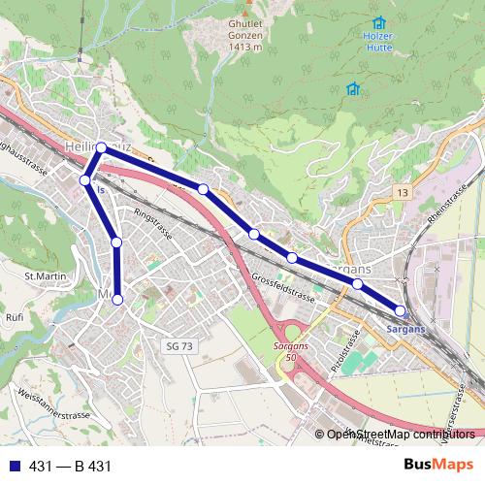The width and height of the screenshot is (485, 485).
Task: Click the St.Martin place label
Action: click(x=45, y=276)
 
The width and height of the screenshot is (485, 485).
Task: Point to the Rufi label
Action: click(x=15, y=316)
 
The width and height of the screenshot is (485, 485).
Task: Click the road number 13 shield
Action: click(x=402, y=194)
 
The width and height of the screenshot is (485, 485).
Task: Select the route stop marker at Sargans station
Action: click(x=401, y=310)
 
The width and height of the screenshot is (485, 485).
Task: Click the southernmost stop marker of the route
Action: click(x=117, y=300)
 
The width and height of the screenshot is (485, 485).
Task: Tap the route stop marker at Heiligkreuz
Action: click(x=101, y=147)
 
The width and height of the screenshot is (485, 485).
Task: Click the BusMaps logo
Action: click(x=437, y=466)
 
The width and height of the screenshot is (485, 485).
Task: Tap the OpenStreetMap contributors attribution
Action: click(x=401, y=434)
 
